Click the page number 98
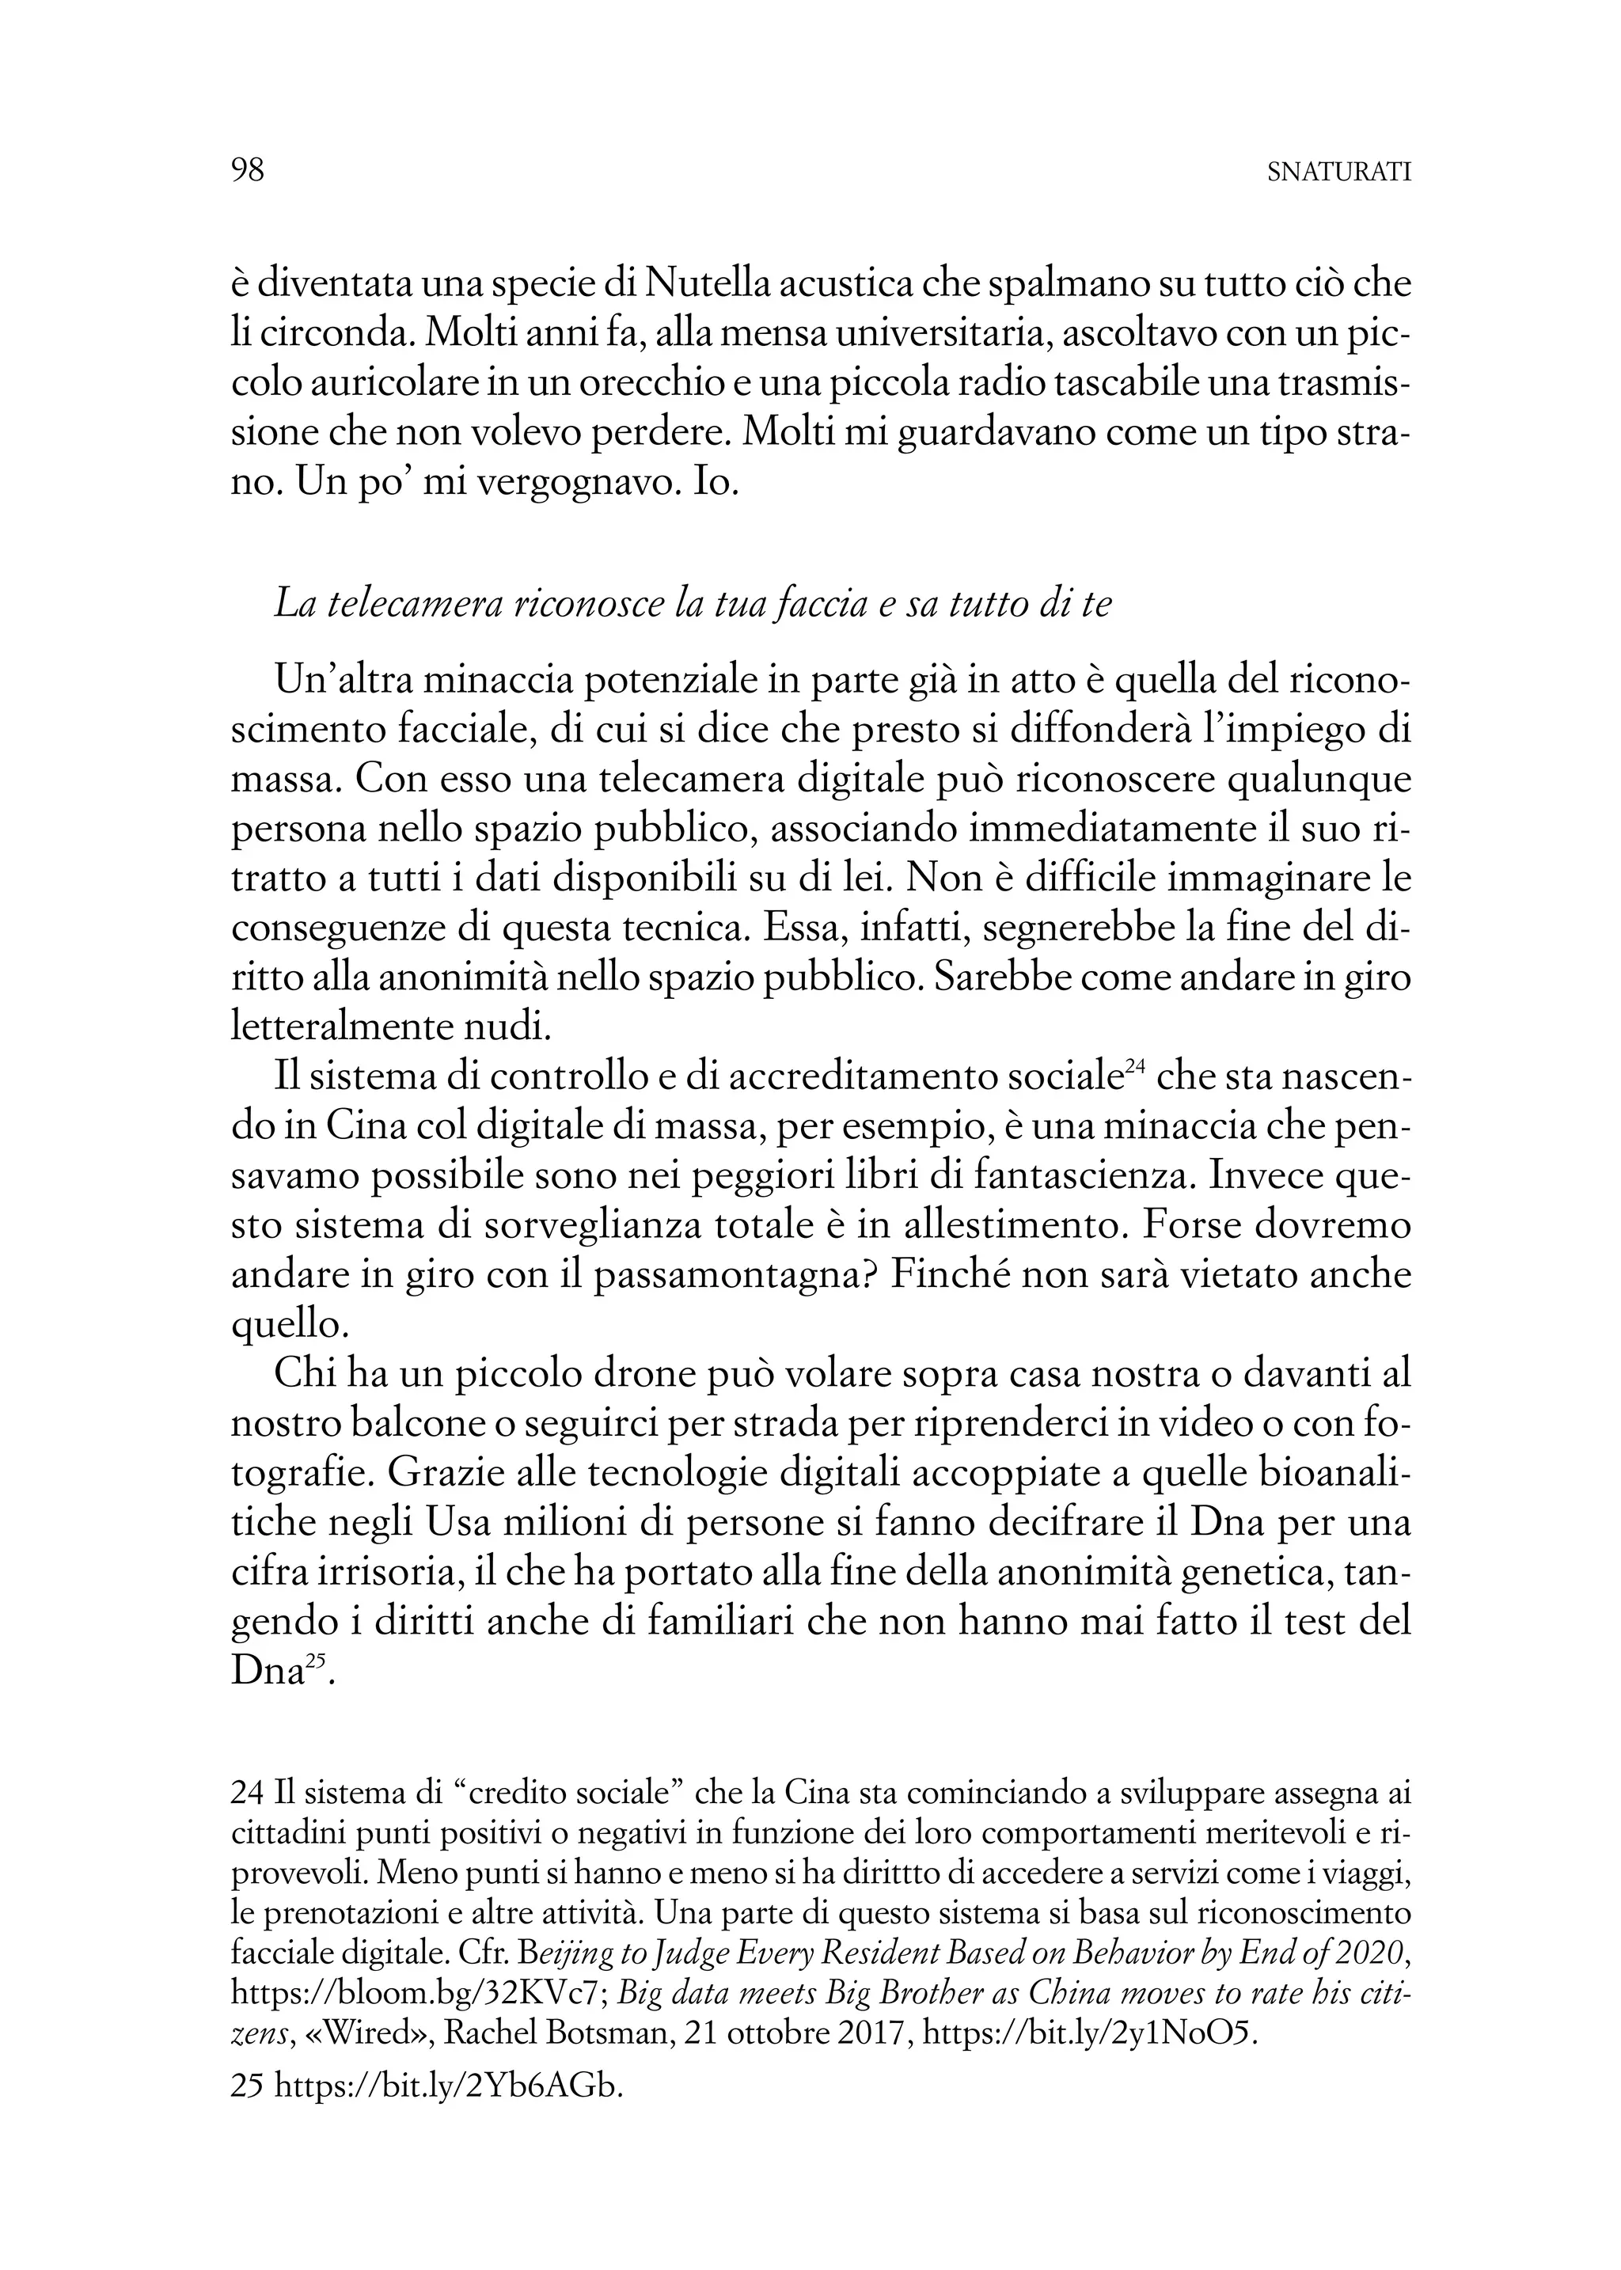pos(248,171)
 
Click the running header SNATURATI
pos(1338,173)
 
